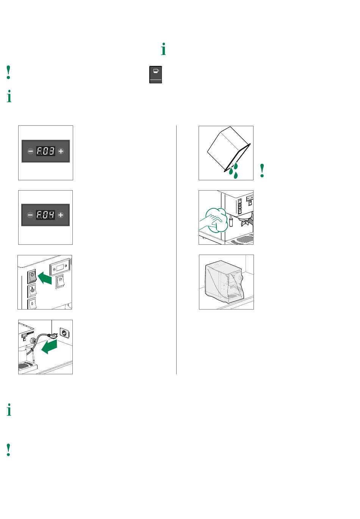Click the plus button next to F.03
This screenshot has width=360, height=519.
(x=61, y=151)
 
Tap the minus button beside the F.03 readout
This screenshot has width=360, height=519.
(x=30, y=151)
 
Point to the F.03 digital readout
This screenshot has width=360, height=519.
(x=45, y=151)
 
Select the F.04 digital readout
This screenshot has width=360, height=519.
(x=45, y=215)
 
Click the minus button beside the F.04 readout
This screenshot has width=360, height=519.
(x=30, y=215)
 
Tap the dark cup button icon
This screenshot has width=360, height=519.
(x=155, y=75)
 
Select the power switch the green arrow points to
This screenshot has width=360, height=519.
(x=32, y=276)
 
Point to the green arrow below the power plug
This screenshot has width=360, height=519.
(x=49, y=347)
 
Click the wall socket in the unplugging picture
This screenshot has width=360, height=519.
(x=64, y=333)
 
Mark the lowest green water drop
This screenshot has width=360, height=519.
(x=236, y=175)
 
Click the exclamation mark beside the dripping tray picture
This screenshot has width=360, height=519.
(x=262, y=170)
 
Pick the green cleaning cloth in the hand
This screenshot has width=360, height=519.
(x=216, y=219)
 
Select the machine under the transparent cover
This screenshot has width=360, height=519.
(x=224, y=281)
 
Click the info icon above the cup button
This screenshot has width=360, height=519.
(x=163, y=49)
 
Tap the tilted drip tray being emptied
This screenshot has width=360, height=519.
(x=229, y=149)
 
